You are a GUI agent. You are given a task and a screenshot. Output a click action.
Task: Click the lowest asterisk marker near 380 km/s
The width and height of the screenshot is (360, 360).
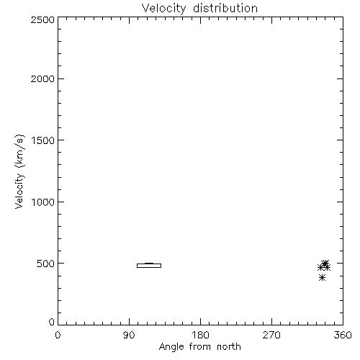pos(322,278)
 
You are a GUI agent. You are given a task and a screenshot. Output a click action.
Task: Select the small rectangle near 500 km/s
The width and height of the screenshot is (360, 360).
pos(149,266)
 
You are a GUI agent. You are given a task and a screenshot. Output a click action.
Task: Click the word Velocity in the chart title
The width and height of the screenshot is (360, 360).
pos(164,9)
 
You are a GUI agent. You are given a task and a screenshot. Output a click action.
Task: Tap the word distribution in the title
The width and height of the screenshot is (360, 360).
pos(225,8)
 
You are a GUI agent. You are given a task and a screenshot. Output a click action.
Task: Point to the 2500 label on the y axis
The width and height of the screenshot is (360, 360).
pos(42,19)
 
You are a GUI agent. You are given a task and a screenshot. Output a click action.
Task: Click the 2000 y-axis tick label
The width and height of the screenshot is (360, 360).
pos(42,78)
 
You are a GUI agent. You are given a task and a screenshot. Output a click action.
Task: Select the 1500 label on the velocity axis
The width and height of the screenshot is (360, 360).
pos(43,140)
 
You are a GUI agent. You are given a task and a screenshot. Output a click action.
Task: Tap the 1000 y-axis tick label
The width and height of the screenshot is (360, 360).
pos(43,202)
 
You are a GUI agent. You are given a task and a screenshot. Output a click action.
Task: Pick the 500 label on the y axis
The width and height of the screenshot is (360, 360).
pos(46,264)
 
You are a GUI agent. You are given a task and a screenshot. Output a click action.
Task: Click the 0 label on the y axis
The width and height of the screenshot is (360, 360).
pos(52,322)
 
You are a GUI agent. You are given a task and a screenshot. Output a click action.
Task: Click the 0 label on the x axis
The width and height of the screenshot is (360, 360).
pos(58,335)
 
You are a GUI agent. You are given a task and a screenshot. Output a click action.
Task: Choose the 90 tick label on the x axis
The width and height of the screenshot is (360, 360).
pos(129,335)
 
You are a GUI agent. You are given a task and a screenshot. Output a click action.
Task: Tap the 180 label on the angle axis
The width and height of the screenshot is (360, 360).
pos(200,335)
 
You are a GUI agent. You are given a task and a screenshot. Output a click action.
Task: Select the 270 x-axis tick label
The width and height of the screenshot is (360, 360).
pos(271,335)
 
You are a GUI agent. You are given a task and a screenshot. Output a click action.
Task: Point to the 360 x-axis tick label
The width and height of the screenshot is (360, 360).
pos(343,335)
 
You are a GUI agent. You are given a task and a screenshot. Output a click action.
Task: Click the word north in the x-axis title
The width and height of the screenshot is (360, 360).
pos(229,346)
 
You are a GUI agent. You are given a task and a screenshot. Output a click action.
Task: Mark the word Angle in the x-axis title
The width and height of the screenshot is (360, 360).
pos(171,348)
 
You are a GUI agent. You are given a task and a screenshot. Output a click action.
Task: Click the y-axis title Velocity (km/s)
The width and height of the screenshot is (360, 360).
pos(19,171)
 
